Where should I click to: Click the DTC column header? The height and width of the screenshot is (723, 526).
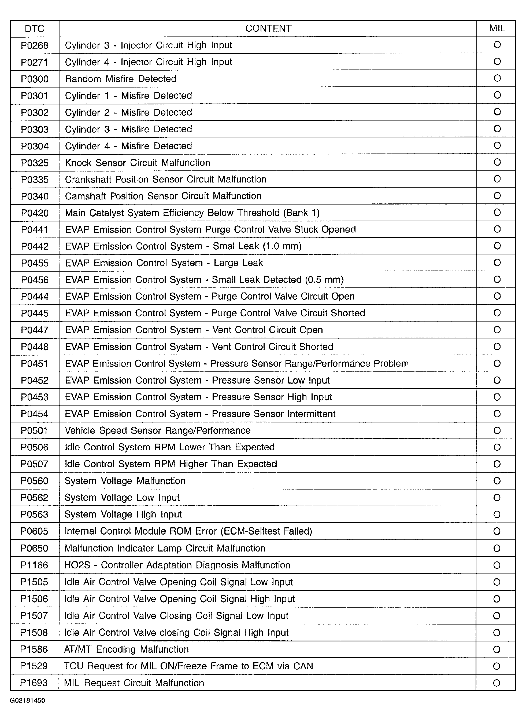coord(34,29)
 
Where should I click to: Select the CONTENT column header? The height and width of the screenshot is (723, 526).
coord(268,28)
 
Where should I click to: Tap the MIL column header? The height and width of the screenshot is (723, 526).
coord(497,28)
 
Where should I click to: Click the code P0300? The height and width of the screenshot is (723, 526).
coord(34,79)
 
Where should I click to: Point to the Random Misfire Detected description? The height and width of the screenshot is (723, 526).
coord(120,79)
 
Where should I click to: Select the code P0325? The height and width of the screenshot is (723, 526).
coord(34,163)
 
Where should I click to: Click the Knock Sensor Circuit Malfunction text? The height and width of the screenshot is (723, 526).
coord(137,163)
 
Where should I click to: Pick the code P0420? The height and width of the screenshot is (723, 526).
coord(34,213)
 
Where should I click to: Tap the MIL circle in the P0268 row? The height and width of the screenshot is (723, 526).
coord(497,45)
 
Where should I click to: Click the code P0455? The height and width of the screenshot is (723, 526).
coord(34,263)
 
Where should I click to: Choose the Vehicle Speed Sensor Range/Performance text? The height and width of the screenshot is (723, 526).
coord(157,430)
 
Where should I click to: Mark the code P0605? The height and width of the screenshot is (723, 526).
coord(34,531)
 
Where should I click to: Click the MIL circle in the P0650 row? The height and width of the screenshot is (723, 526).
coord(497,548)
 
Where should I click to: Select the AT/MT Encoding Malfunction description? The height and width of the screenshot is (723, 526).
coord(126,649)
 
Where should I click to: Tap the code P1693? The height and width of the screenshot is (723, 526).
coord(34,683)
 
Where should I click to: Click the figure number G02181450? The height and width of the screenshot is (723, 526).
coord(27,700)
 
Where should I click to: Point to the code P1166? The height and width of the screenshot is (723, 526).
coord(34,565)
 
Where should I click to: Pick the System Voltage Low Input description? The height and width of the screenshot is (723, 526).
coord(122,498)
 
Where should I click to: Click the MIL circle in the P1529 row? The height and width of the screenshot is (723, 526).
coord(497,666)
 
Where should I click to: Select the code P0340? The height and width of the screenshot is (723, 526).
coord(34,196)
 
